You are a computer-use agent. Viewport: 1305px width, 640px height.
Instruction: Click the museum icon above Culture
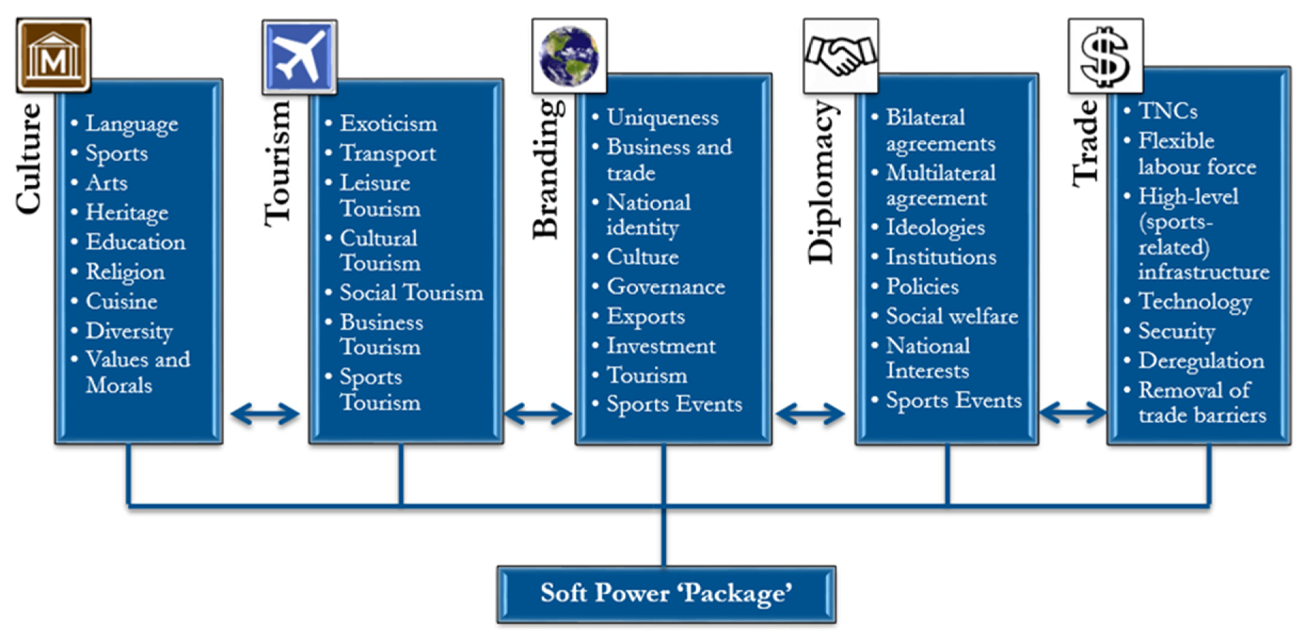point(54,55)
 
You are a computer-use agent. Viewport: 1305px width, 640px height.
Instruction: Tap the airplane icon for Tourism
point(299,57)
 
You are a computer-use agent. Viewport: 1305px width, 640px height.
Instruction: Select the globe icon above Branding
point(569,56)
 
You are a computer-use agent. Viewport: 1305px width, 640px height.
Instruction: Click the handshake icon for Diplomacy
point(841,56)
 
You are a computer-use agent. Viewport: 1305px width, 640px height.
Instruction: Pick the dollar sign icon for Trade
point(1105,56)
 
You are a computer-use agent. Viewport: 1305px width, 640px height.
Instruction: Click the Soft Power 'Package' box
point(666,594)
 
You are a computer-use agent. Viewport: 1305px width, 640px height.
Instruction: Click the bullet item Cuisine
point(122,301)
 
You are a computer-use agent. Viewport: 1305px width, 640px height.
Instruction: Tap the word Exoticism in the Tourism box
point(388,124)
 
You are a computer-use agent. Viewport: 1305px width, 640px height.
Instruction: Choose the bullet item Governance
point(666,287)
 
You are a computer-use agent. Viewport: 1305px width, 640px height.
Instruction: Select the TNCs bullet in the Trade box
point(1168,111)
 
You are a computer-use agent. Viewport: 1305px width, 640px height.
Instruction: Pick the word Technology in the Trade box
point(1195,302)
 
